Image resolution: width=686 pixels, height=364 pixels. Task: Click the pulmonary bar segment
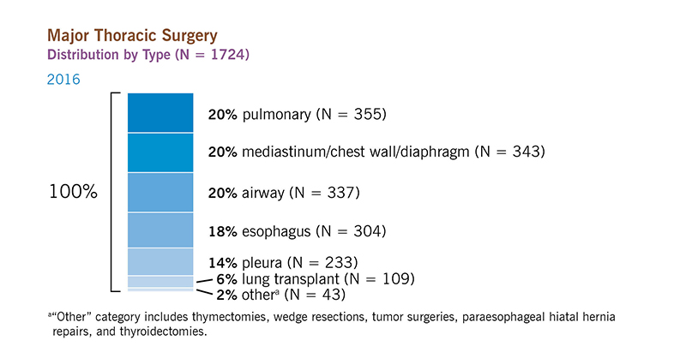tap(160, 112)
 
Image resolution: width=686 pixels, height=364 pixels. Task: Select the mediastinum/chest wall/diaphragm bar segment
tap(160, 152)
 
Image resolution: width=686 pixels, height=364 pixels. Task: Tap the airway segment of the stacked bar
tap(160, 192)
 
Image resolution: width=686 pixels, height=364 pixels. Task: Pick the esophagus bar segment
tap(160, 230)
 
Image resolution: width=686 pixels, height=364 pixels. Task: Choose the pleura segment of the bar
tap(160, 262)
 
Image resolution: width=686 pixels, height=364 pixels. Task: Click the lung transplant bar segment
tap(160, 282)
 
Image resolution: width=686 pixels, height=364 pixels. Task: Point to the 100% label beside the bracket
tap(73, 192)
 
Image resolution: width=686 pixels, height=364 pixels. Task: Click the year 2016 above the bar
tap(63, 80)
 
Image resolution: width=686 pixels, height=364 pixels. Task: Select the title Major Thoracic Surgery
tap(132, 35)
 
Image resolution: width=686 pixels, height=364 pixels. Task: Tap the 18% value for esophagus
tap(223, 231)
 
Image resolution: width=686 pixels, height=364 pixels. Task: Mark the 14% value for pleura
tap(223, 263)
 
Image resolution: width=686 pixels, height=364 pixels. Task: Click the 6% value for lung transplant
tap(226, 279)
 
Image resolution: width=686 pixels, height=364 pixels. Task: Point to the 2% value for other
tap(226, 295)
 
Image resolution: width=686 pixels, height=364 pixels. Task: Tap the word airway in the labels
tap(263, 194)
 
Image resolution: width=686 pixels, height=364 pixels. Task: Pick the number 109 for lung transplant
tap(396, 279)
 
